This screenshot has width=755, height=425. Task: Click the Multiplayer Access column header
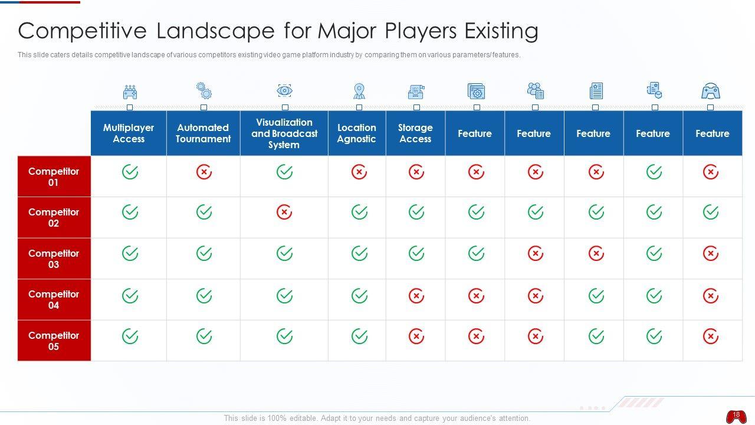click(x=129, y=133)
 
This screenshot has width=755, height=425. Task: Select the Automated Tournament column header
click(x=203, y=133)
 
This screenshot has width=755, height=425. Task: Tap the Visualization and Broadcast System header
click(x=284, y=133)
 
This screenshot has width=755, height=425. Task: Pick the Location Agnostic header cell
click(x=357, y=133)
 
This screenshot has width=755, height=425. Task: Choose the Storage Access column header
click(x=415, y=133)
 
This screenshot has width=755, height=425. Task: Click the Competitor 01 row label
click(x=54, y=176)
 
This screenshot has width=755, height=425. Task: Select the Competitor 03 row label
click(x=54, y=259)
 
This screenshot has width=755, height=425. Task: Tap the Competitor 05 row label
click(x=54, y=341)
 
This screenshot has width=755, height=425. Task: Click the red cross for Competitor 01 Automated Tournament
click(x=203, y=172)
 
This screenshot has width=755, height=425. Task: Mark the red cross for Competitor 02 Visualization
click(x=284, y=212)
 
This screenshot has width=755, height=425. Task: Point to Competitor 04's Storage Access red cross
click(x=416, y=295)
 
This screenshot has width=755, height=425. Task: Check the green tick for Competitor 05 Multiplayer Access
click(x=130, y=336)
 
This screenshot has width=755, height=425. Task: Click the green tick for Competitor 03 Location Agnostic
click(x=359, y=253)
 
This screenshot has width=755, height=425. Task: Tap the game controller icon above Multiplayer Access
click(x=130, y=92)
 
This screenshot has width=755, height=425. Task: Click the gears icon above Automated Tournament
click(x=204, y=90)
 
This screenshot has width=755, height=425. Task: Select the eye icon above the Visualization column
click(x=285, y=90)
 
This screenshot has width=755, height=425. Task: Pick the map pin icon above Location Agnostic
click(x=359, y=91)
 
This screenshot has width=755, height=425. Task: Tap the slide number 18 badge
click(x=736, y=416)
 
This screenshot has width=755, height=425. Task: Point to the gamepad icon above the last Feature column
click(x=711, y=91)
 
